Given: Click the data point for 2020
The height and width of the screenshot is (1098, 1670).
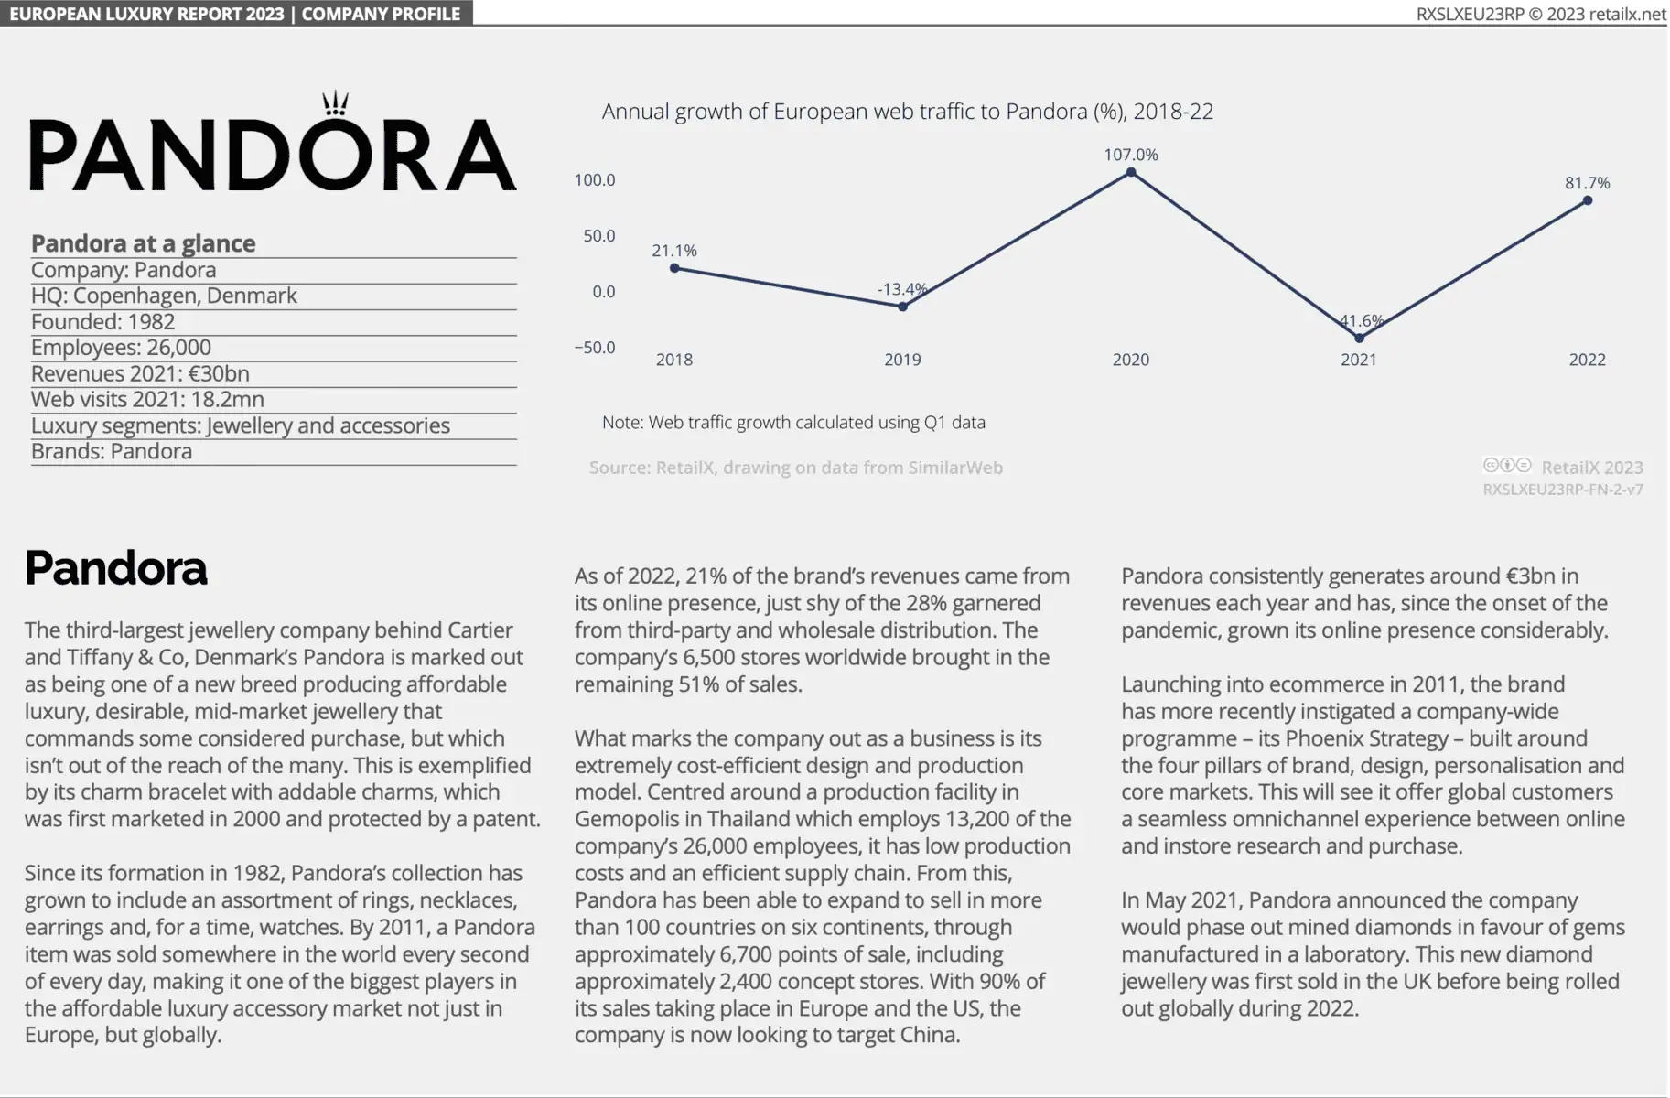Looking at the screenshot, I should (x=1131, y=172).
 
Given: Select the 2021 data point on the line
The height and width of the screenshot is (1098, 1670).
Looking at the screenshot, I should (x=1359, y=339).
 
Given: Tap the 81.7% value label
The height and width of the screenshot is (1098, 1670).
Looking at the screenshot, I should (x=1587, y=183).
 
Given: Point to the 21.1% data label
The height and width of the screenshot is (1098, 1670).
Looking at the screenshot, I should (x=674, y=251).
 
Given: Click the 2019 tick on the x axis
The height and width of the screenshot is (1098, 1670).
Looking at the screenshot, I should (x=902, y=360).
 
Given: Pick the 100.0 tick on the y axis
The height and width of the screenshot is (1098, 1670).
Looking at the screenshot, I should (x=595, y=180).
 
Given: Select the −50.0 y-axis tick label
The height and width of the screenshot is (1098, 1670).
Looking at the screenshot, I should (x=595, y=348).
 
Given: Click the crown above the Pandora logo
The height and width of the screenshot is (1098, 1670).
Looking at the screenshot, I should (x=336, y=103).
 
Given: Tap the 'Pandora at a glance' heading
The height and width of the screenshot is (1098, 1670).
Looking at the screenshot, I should (x=144, y=243).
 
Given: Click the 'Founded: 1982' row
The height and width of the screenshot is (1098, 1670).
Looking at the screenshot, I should (x=103, y=322).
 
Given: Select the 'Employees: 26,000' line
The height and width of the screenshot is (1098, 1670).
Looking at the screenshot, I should (x=121, y=348).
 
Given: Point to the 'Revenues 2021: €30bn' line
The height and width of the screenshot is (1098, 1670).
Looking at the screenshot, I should (x=140, y=373).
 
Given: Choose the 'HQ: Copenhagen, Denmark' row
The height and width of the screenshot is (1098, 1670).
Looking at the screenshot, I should (x=164, y=296).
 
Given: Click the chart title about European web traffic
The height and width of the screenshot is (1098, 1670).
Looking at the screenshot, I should (x=907, y=112).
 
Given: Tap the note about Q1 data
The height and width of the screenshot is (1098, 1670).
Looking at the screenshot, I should (x=793, y=423).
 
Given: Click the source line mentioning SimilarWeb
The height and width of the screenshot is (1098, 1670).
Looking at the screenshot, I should (x=796, y=468).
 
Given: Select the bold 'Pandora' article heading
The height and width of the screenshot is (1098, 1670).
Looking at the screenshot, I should (x=116, y=568).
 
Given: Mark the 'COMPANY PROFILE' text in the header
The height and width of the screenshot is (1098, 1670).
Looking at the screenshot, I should (x=381, y=14).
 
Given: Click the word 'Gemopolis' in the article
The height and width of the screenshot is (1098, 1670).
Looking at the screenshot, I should (x=627, y=819).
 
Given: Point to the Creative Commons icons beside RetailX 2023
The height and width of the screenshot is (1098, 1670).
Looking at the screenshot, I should (x=1506, y=465).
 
